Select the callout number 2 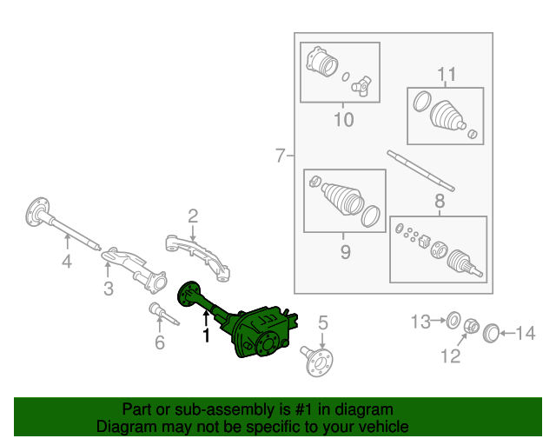pyautogui.click(x=193, y=216)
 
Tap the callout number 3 pyautogui.click(x=108, y=289)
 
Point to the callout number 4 pyautogui.click(x=66, y=263)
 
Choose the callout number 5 pyautogui.click(x=322, y=323)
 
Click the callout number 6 pyautogui.click(x=159, y=342)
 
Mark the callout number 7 pyautogui.click(x=280, y=156)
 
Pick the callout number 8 pyautogui.click(x=439, y=202)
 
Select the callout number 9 pyautogui.click(x=344, y=252)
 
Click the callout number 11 pyautogui.click(x=446, y=74)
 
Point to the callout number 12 pyautogui.click(x=451, y=355)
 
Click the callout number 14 pyautogui.click(x=526, y=331)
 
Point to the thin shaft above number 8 pyautogui.click(x=420, y=169)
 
